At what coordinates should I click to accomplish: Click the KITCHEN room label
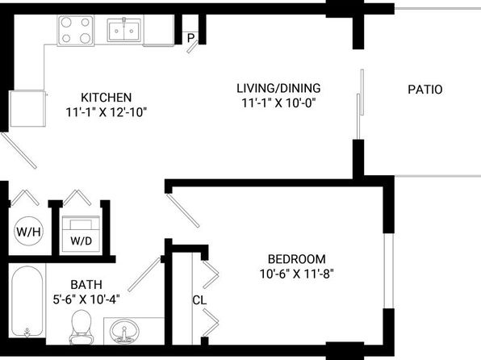click(107, 98)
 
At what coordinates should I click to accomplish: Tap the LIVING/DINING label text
click(278, 88)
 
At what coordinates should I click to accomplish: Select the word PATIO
click(425, 90)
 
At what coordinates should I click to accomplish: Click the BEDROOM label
click(297, 259)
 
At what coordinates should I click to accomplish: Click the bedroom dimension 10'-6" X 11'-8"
click(297, 274)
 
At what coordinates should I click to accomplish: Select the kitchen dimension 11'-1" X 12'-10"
click(107, 112)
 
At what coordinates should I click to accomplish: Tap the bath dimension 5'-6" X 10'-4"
click(86, 299)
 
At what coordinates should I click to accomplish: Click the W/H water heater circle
click(28, 231)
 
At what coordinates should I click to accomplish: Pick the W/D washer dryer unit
click(81, 234)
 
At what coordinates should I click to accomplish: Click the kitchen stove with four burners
click(76, 31)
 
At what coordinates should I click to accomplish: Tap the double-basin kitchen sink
click(124, 30)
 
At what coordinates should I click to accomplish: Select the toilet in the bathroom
click(82, 327)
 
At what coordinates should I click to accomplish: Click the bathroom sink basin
click(124, 333)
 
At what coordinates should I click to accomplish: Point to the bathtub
click(27, 302)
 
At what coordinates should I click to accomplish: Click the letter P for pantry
click(190, 39)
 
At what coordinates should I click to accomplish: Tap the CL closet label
click(199, 299)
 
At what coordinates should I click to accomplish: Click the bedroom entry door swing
click(183, 211)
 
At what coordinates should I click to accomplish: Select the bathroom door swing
click(144, 274)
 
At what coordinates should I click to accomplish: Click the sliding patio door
click(360, 104)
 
